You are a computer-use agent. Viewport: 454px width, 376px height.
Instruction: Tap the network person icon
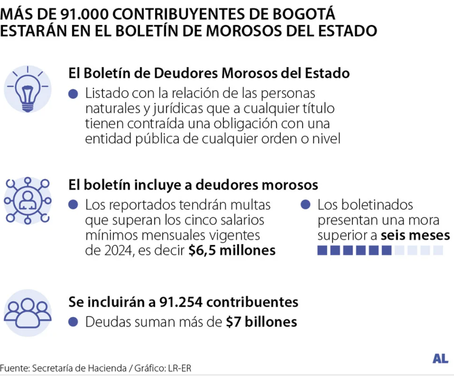(27, 201)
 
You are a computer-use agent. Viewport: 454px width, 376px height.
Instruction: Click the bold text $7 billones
(261, 322)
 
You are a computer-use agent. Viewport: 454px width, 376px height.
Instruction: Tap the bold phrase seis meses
(415, 236)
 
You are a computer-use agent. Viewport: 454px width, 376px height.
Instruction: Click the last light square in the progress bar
(438, 250)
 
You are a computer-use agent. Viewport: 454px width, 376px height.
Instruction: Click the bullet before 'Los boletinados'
(305, 205)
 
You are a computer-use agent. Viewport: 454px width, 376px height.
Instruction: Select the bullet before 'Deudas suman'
(73, 322)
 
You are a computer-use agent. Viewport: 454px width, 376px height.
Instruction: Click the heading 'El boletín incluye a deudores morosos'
(193, 185)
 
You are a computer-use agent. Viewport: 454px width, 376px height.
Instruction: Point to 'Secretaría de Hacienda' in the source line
(68, 368)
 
